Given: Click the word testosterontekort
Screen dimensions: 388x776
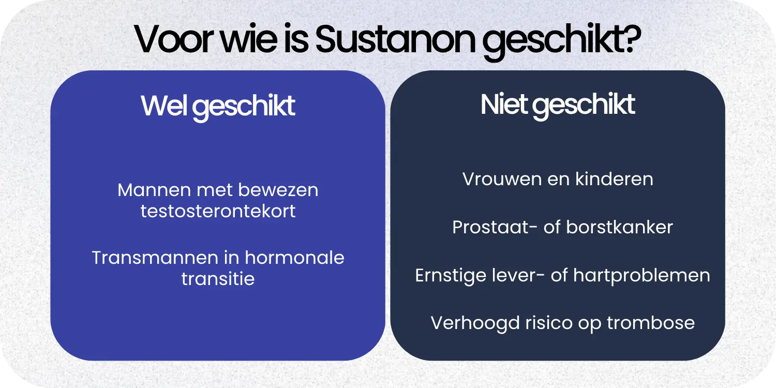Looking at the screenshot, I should (x=218, y=211).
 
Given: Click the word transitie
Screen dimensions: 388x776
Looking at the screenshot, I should (x=218, y=279).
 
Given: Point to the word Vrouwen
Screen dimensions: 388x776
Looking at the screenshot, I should (x=498, y=179).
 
